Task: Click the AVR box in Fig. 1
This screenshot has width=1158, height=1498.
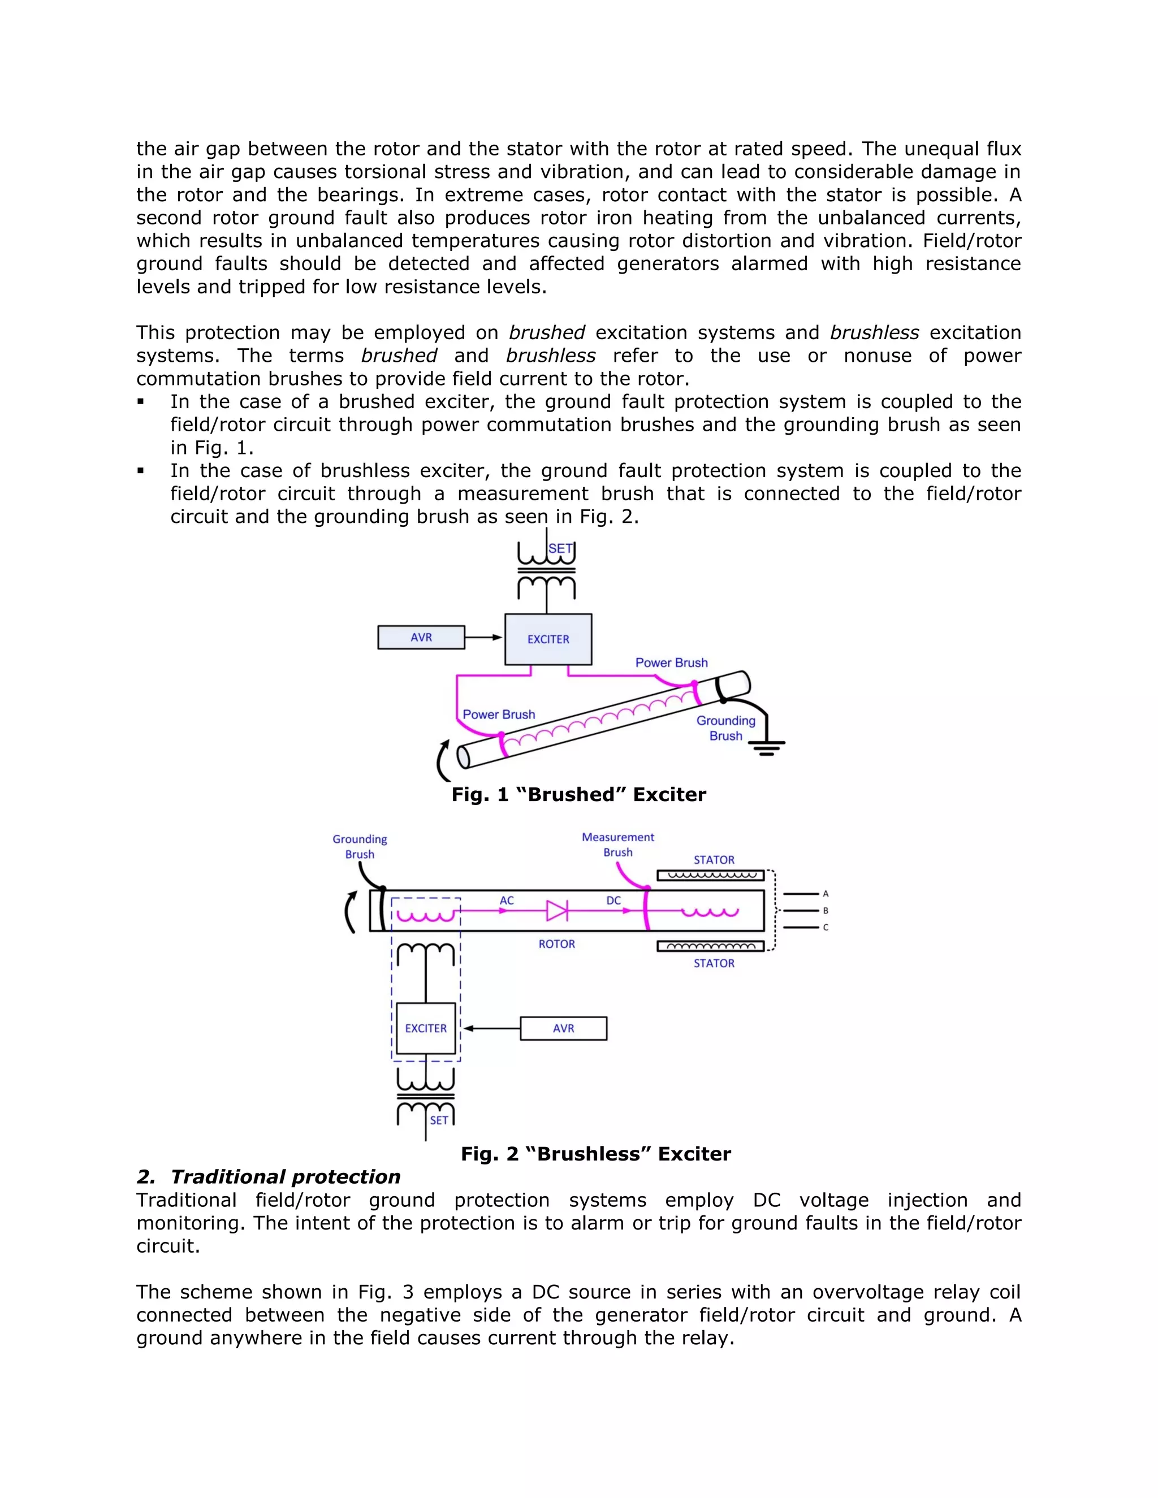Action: [421, 637]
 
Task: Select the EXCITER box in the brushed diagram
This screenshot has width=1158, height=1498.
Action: [548, 639]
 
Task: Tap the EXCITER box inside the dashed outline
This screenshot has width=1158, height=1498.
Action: [426, 1028]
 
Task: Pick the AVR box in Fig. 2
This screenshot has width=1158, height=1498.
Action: [563, 1028]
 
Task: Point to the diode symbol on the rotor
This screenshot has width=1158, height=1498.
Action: [556, 911]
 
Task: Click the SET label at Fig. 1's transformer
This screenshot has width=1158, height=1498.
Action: [560, 549]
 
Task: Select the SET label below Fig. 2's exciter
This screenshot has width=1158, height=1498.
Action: [439, 1120]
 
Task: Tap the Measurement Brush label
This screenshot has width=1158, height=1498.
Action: [617, 845]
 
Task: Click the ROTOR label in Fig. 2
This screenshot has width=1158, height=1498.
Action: [556, 944]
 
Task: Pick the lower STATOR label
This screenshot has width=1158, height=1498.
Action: [714, 963]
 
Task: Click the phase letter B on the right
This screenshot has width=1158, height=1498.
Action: [826, 911]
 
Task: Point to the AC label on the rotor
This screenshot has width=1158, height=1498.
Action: [506, 900]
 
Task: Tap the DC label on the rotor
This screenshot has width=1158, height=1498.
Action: [613, 900]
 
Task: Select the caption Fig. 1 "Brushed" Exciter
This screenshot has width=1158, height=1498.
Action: [578, 794]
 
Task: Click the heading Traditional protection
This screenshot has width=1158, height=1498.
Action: [285, 1176]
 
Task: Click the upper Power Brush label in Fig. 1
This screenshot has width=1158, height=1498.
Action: [671, 663]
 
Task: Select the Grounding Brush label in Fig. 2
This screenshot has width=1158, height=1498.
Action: [360, 846]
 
